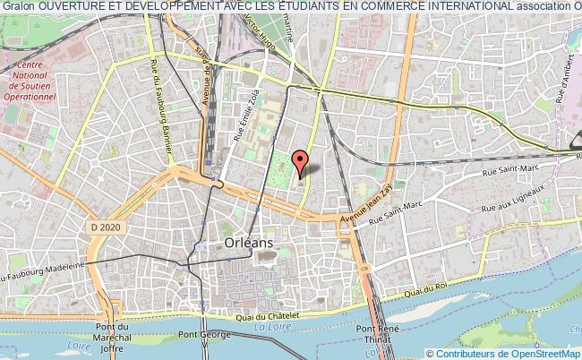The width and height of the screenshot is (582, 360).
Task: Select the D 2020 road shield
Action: pyautogui.click(x=105, y=228)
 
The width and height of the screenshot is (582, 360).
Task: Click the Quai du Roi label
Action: pyautogui.click(x=424, y=289)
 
